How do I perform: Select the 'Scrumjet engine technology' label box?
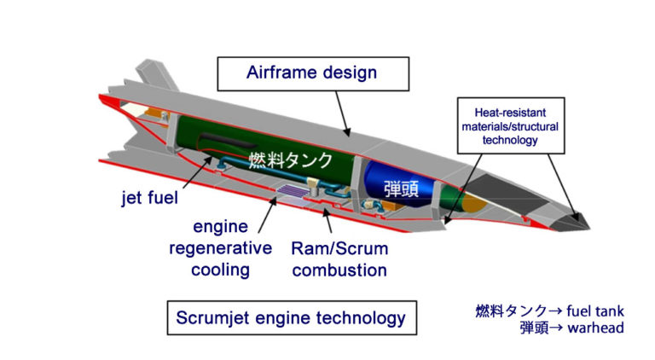(290, 317)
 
